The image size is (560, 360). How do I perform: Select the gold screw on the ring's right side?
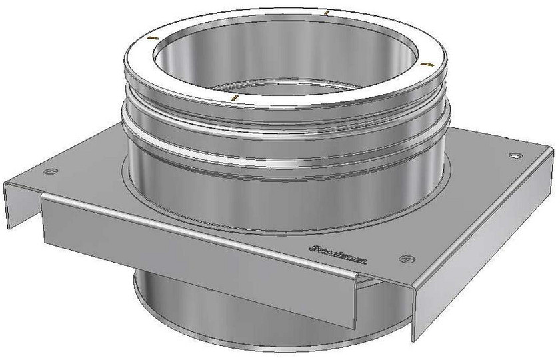(x=427, y=63)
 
